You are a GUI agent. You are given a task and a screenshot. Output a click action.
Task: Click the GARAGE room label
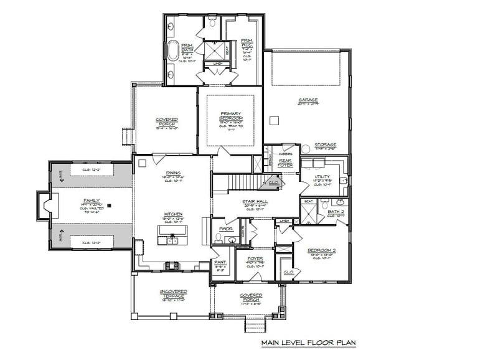pyautogui.click(x=308, y=100)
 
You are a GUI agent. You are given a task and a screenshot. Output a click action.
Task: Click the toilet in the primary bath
pyautogui.click(x=212, y=23)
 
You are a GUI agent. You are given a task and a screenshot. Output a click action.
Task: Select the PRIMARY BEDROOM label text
pyautogui.click(x=230, y=116)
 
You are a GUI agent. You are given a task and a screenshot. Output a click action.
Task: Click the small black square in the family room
pyautogui.click(x=109, y=204)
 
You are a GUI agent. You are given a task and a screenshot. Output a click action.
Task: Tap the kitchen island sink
pyautogui.click(x=172, y=240)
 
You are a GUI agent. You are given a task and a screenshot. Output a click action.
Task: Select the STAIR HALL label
pyautogui.click(x=255, y=202)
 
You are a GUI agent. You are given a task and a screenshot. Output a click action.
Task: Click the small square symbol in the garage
pyautogui.click(x=273, y=119)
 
